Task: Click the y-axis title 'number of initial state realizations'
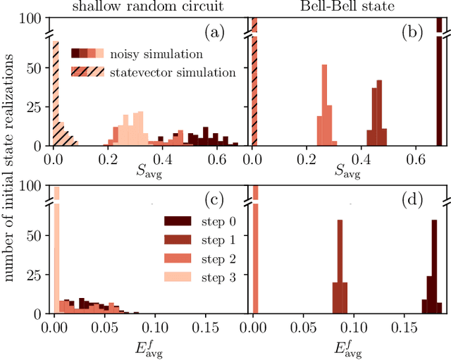click(x=9, y=180)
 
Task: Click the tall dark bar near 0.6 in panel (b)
click(x=440, y=85)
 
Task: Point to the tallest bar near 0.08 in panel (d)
click(x=340, y=266)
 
